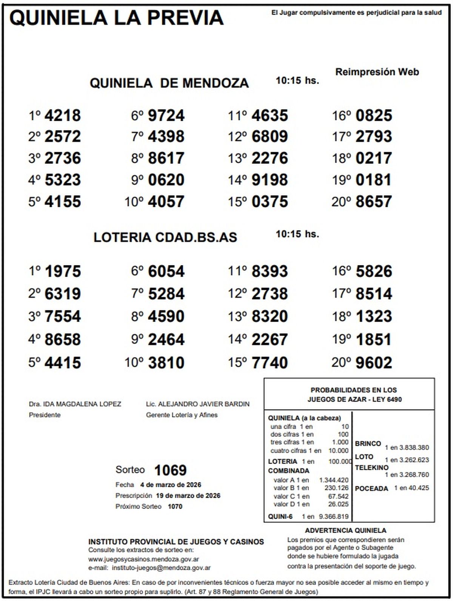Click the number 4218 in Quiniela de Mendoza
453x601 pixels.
(62, 116)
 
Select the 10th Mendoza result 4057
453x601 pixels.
(166, 202)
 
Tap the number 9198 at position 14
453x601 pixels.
(270, 180)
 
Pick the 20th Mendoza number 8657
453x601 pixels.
(374, 202)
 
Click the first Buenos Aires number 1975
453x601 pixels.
(62, 271)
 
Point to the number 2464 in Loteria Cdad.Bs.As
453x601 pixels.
(166, 339)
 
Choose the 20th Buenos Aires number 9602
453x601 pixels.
(374, 363)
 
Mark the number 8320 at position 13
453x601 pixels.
(270, 316)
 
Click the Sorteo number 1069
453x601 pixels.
(170, 470)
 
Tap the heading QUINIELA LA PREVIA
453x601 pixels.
(116, 18)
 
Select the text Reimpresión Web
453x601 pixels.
(377, 72)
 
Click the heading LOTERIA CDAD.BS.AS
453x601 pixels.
(165, 237)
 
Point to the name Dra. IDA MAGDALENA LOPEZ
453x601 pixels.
(75, 404)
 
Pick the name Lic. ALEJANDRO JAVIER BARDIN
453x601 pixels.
(198, 404)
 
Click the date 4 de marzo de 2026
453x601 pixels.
(171, 485)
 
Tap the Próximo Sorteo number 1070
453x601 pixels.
(175, 507)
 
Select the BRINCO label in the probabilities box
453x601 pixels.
(368, 444)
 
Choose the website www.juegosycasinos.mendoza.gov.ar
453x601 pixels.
(144, 559)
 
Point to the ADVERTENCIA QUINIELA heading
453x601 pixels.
(345, 531)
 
